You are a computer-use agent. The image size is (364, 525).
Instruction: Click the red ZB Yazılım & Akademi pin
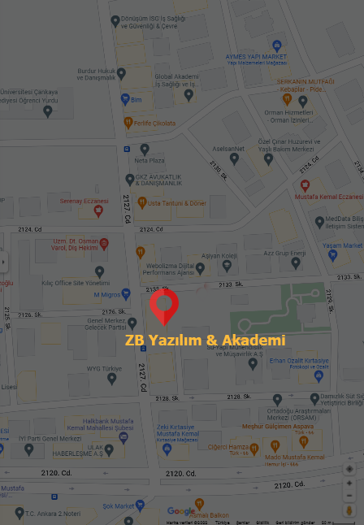pyautogui.click(x=164, y=306)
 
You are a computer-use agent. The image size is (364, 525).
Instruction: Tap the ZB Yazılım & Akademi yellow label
pyautogui.click(x=205, y=340)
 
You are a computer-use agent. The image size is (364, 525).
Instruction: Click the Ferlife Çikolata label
pyautogui.click(x=154, y=123)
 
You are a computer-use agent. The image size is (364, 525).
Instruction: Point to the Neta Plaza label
pyautogui.click(x=155, y=160)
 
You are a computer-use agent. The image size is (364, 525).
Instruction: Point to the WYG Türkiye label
pyautogui.click(x=104, y=368)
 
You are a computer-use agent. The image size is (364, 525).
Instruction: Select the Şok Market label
pyautogui.click(x=118, y=505)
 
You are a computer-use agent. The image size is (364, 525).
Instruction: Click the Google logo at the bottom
pyautogui.click(x=181, y=511)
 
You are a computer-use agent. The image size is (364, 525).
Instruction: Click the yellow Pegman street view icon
pyautogui.click(x=349, y=510)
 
